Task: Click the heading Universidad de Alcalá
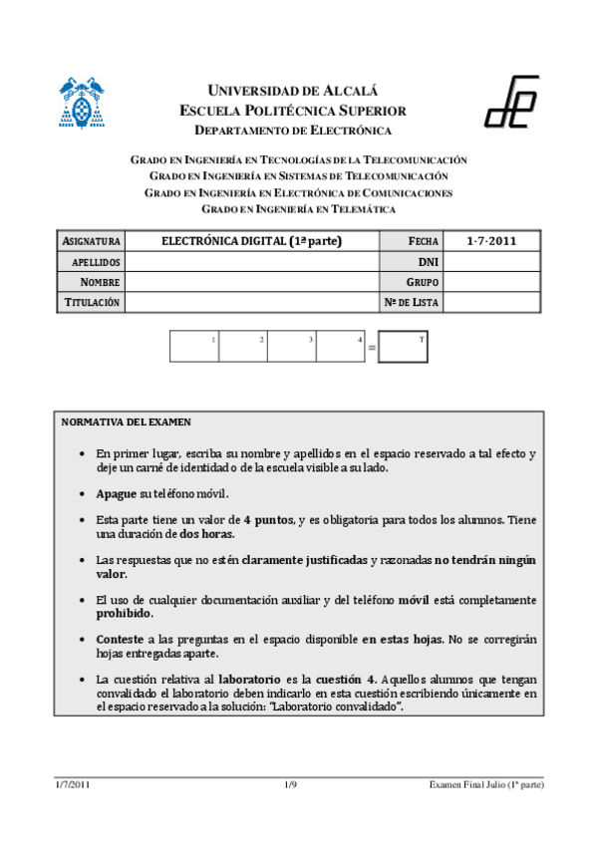[x=292, y=91]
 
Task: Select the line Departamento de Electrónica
[x=292, y=131]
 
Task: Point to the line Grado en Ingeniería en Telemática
[x=298, y=209]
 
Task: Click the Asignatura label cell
[x=92, y=242]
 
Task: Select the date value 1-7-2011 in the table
[x=491, y=242]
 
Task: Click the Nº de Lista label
[x=412, y=302]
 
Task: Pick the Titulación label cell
[x=92, y=302]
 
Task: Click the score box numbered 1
[x=194, y=346]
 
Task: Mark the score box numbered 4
[x=341, y=346]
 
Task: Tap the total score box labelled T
[x=404, y=346]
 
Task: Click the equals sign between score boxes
[x=372, y=349]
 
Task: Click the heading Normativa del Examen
[x=127, y=422]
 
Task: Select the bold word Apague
[x=117, y=493]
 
